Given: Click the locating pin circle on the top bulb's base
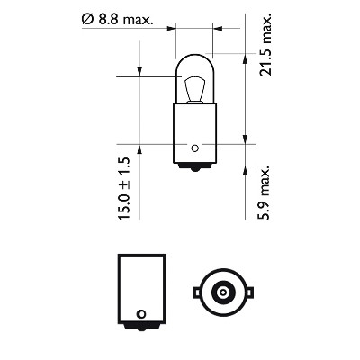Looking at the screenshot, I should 195,148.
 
